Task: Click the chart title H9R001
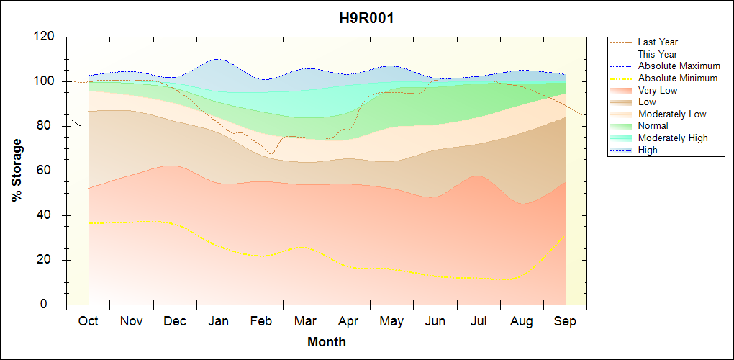click(x=366, y=19)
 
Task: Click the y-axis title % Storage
click(x=17, y=174)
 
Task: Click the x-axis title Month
click(x=327, y=342)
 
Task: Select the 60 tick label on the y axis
click(x=47, y=171)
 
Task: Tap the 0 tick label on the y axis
click(x=50, y=305)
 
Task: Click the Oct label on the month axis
click(x=88, y=321)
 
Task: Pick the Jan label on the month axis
click(x=218, y=321)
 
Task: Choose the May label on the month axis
click(x=391, y=321)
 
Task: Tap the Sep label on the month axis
click(x=565, y=321)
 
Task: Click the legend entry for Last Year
click(x=658, y=42)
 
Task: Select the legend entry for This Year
click(x=658, y=54)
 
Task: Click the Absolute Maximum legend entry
click(x=679, y=66)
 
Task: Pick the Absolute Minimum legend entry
click(x=678, y=78)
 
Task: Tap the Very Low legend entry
click(x=658, y=90)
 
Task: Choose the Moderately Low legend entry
click(x=672, y=114)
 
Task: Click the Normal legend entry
click(x=653, y=126)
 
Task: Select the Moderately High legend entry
click(x=673, y=138)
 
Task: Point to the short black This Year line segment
click(x=77, y=123)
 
